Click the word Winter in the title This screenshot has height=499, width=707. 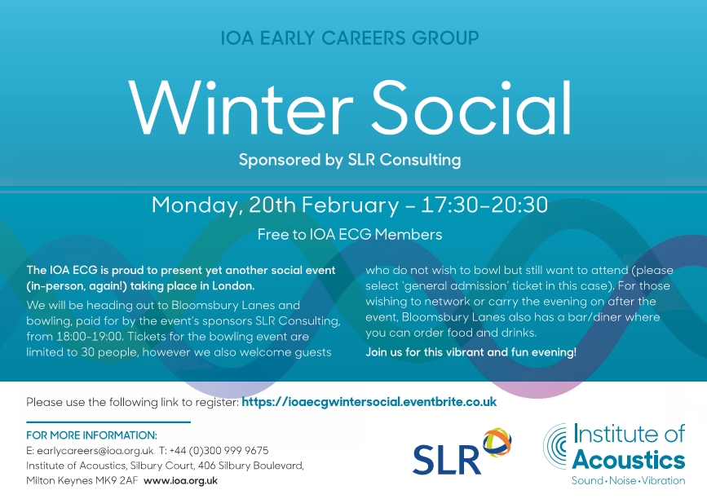pos(241,108)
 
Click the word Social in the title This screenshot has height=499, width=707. pos(471,108)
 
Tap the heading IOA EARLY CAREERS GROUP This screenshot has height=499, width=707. pos(350,38)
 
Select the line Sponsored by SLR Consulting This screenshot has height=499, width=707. pos(350,160)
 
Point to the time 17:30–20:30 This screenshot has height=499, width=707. pos(484,205)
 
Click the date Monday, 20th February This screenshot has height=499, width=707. pos(275,205)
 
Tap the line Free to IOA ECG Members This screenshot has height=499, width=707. pos(350,234)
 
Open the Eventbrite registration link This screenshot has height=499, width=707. pos(369,402)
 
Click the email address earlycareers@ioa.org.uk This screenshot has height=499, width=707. pos(95,451)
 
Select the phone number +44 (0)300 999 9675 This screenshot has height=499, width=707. pos(219,451)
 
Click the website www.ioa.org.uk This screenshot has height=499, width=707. pos(180,481)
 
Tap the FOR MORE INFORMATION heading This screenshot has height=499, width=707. pos(91,435)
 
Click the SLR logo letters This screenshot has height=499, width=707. pos(446,460)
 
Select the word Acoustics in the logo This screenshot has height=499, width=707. pos(629,460)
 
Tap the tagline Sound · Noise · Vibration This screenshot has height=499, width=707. pos(629,480)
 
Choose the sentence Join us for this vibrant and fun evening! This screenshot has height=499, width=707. pos(471,352)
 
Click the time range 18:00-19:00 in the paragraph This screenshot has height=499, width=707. pos(89,337)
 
